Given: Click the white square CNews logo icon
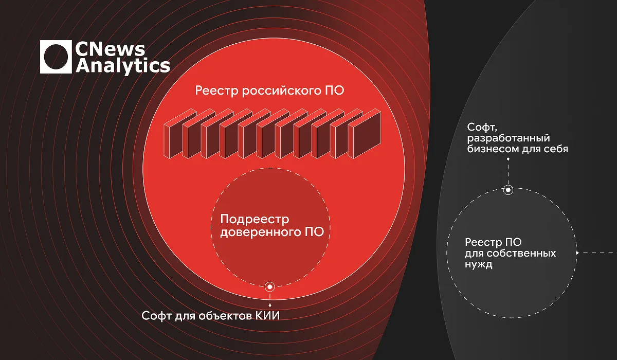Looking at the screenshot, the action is point(56,57).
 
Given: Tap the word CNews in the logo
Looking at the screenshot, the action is point(110,49).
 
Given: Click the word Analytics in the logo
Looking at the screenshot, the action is point(123,66).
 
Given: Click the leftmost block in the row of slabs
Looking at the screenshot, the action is point(180,134).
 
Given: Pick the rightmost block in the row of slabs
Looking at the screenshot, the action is point(365,134).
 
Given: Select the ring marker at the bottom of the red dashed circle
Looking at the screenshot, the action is point(269,287).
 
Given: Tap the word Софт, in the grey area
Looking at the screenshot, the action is point(482,128).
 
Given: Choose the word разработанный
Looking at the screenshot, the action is point(509,138).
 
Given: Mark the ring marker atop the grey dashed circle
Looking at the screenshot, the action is point(508,190).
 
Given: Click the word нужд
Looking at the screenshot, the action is point(479,264).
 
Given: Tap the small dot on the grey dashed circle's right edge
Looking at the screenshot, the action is point(577,253).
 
